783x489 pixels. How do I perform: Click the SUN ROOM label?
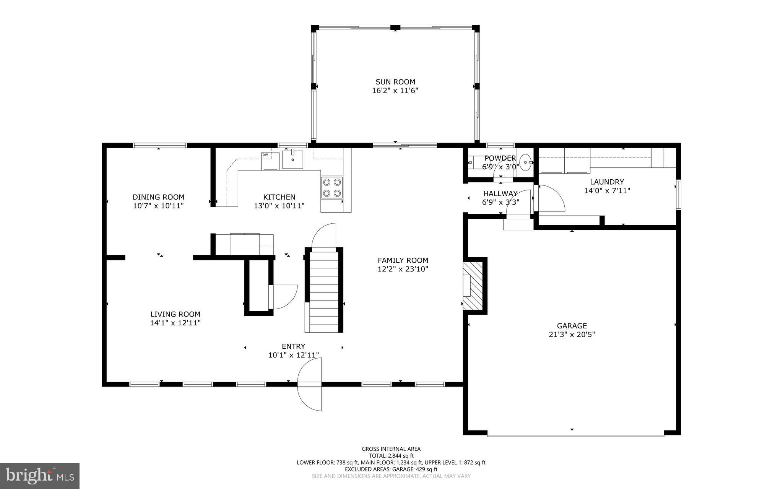(x=395, y=82)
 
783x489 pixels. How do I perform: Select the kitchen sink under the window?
(x=292, y=159)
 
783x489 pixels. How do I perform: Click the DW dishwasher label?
(x=265, y=154)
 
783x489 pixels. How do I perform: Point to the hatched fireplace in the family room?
(x=473, y=286)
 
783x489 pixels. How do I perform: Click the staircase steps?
(x=324, y=291)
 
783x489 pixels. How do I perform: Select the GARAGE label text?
(x=572, y=326)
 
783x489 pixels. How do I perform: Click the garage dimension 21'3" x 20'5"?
(x=572, y=335)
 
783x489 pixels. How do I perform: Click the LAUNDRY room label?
(x=606, y=182)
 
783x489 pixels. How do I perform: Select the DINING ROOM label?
(x=158, y=197)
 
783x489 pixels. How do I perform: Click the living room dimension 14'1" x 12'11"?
(x=175, y=323)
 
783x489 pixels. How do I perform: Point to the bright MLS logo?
(x=40, y=476)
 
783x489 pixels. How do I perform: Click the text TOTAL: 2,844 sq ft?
(x=391, y=456)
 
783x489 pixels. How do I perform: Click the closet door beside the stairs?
(x=283, y=297)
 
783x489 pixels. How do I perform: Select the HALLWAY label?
(x=500, y=193)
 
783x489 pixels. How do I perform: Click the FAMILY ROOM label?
(x=403, y=260)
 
